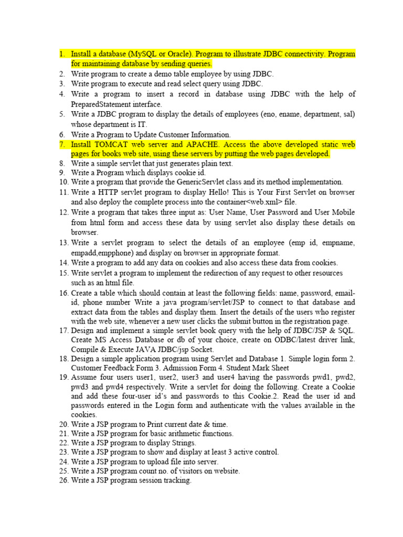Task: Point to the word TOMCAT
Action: coord(111,144)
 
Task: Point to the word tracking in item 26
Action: coord(177,480)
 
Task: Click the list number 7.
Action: coord(62,144)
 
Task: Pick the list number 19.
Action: coord(63,378)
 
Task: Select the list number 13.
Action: coord(63,243)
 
